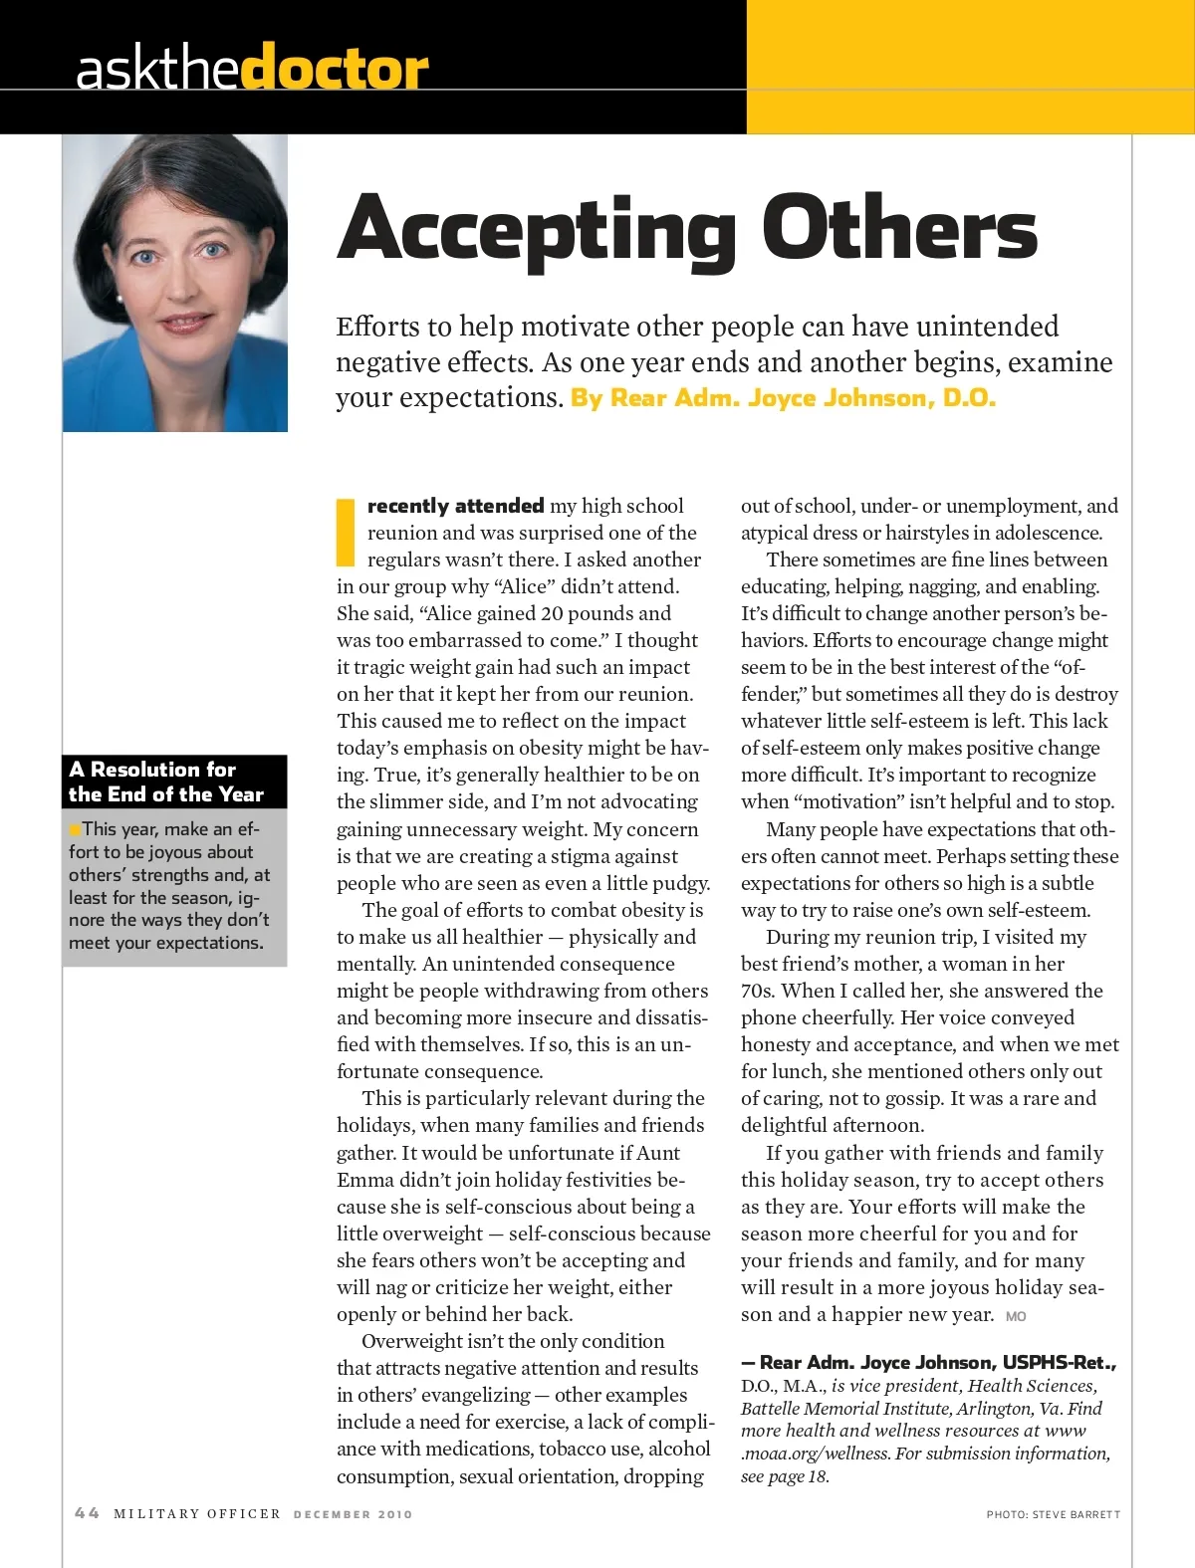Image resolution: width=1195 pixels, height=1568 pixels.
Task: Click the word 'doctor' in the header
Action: click(335, 69)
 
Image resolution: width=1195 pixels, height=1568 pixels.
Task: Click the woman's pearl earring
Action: click(119, 298)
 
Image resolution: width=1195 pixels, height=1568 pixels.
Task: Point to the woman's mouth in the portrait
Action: click(186, 323)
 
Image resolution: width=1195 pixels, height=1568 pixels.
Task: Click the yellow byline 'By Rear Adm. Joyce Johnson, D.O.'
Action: click(783, 397)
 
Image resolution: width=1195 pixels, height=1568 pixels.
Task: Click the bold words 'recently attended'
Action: click(455, 506)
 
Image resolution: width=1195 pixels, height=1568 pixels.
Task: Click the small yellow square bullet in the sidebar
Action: click(75, 829)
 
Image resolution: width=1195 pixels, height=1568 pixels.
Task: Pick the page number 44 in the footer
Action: click(87, 1513)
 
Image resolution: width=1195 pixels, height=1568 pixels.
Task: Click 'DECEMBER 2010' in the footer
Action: click(353, 1514)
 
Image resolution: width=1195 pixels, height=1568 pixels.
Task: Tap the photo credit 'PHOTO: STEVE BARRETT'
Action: click(1053, 1514)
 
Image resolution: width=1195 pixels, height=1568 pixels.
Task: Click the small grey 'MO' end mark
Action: click(1016, 1316)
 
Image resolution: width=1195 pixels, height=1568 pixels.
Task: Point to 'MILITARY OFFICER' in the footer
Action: click(197, 1514)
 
